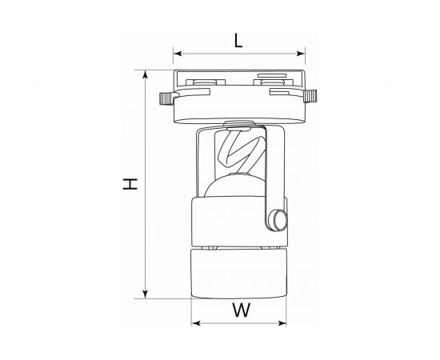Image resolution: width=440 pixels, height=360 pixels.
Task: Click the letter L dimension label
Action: (238, 40)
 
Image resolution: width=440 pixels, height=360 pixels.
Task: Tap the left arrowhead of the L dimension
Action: (178, 55)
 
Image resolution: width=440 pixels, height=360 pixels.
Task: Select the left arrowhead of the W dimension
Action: (195, 325)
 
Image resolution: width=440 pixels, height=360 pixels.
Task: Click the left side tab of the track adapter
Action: (166, 100)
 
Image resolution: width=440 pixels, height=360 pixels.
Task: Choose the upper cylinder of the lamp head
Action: (232, 221)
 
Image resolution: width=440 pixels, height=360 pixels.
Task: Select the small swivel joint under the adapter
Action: (238, 123)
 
